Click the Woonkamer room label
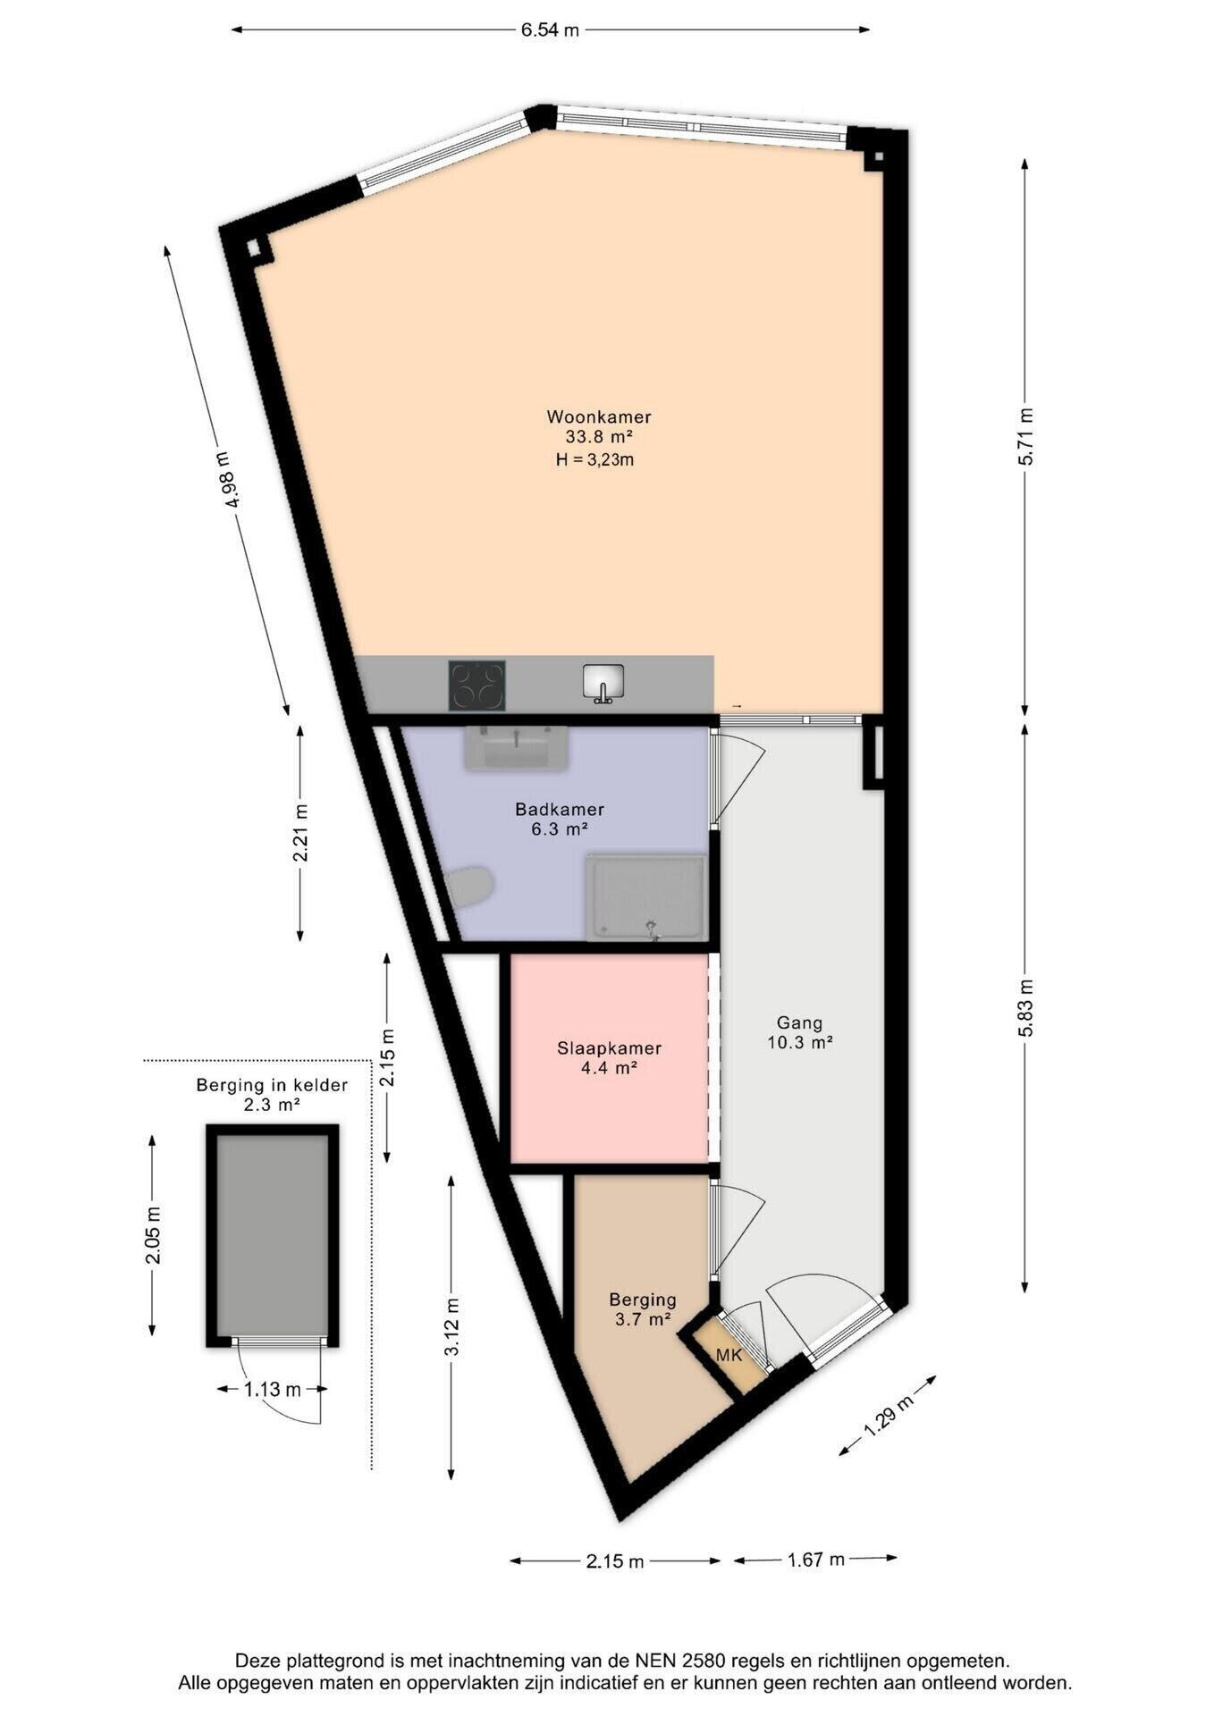click(x=599, y=416)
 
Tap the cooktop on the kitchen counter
click(x=476, y=686)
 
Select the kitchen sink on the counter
click(x=603, y=684)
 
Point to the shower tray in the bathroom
click(x=646, y=896)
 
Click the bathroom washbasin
click(x=516, y=747)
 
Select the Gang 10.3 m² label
click(x=799, y=1032)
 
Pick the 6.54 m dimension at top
click(x=550, y=29)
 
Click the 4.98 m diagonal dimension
click(x=227, y=479)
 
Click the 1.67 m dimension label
click(x=815, y=1560)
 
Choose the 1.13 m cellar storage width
click(x=273, y=1389)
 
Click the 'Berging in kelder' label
click(x=272, y=1085)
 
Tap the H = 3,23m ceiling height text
click(x=594, y=459)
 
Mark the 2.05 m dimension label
click(x=154, y=1235)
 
